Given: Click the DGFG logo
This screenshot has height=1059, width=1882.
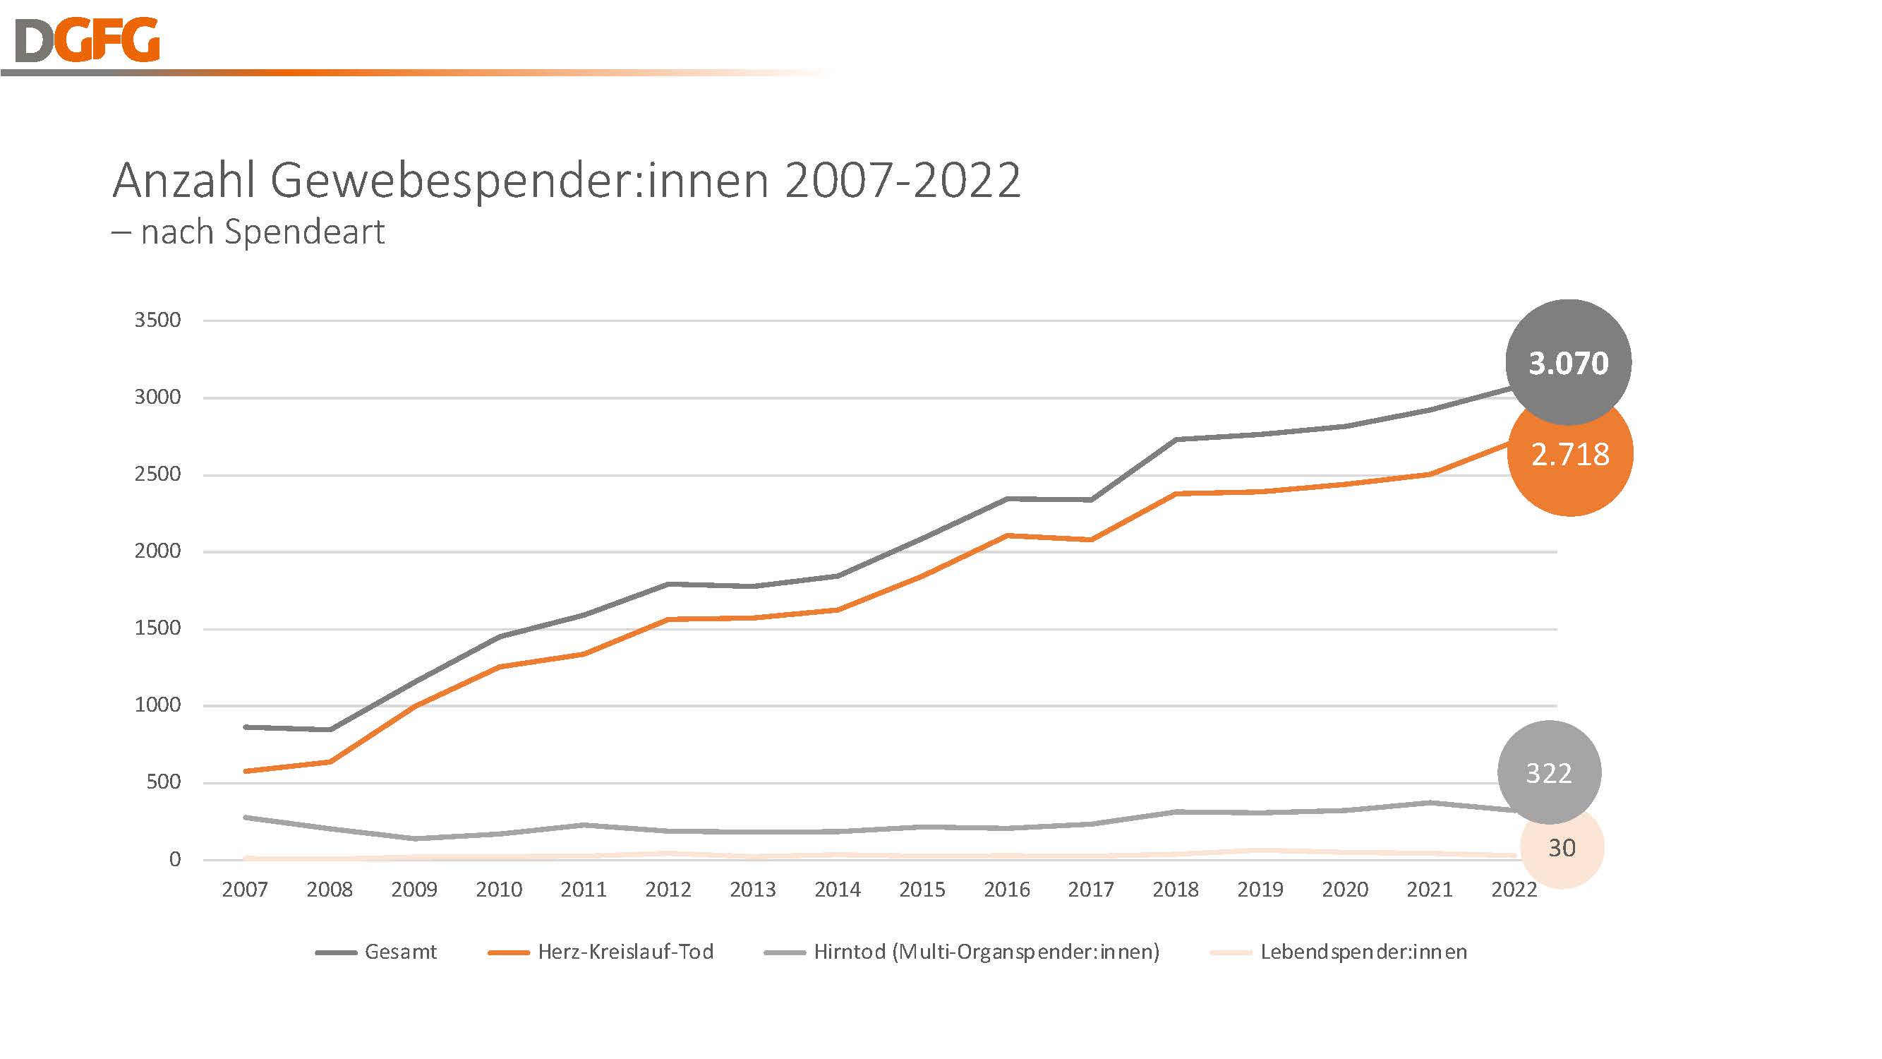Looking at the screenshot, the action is pos(87,40).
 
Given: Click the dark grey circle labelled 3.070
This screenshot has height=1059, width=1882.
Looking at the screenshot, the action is pos(1568,362).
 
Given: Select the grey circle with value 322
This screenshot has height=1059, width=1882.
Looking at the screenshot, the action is pos(1549,772).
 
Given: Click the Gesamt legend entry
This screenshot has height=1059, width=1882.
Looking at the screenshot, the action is pos(376,952).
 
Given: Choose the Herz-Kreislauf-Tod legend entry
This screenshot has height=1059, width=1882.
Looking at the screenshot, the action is pos(601,952).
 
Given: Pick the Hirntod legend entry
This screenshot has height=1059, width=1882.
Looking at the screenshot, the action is pos(961,952).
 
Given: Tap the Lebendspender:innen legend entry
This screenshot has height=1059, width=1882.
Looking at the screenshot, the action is pos(1339,952).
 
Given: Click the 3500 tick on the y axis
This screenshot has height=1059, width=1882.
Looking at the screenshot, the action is pos(157,320).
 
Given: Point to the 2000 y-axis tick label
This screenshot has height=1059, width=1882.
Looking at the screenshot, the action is pos(157,551).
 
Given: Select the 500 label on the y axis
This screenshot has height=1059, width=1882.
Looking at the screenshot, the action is pos(163,782).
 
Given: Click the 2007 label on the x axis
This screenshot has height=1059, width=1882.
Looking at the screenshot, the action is pos(245,890).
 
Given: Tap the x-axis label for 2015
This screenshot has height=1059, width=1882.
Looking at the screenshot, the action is pos(922,890).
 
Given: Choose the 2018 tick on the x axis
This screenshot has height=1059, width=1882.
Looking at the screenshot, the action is pos(1176,890).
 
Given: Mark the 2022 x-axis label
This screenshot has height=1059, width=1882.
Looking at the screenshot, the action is pos(1514,890).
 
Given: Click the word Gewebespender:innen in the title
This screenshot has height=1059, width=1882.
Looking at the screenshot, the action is pos(519,181).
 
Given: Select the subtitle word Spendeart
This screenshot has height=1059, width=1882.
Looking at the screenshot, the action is pos(304,233).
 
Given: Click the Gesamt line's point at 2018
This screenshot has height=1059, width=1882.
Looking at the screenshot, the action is pos(1176,439).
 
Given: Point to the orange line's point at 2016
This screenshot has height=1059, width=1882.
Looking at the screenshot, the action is pos(1007,535).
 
